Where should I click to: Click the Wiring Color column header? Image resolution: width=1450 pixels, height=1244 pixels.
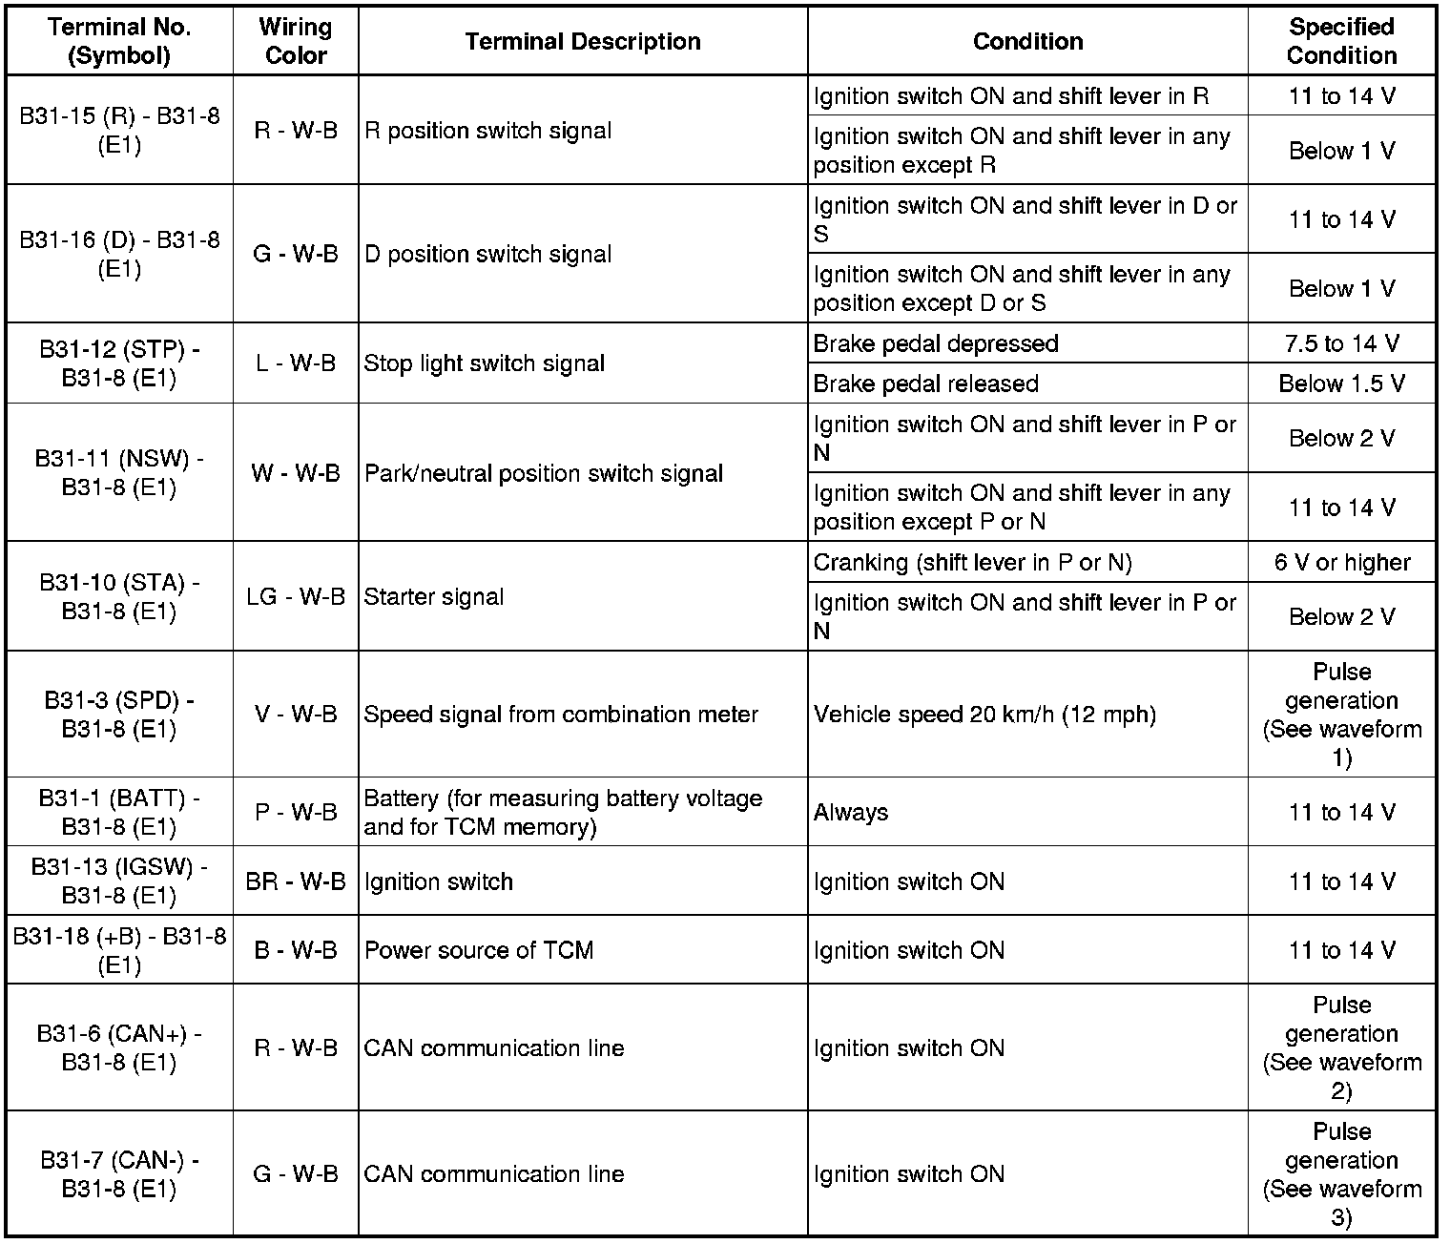[296, 41]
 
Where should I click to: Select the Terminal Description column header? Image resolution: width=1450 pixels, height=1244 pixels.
[583, 41]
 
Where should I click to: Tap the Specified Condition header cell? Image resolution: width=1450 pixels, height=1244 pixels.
[1341, 41]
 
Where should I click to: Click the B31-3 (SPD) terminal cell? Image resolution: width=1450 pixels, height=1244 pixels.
[119, 715]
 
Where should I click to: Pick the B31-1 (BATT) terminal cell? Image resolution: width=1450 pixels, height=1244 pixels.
[119, 812]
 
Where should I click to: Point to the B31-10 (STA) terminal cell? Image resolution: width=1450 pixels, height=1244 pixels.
[119, 596]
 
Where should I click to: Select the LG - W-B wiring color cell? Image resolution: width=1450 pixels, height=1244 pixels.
[296, 596]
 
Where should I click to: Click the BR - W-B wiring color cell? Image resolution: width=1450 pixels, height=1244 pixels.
[296, 881]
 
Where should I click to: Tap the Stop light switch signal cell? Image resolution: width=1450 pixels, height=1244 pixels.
[485, 363]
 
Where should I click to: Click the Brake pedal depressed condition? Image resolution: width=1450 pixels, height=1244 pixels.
[936, 343]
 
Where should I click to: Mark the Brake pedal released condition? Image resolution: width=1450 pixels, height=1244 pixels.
[925, 384]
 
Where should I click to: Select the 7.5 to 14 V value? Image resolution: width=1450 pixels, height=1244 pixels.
[1341, 343]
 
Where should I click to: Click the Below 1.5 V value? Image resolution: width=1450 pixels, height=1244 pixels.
[1341, 384]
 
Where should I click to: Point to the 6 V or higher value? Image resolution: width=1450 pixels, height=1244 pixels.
[1341, 562]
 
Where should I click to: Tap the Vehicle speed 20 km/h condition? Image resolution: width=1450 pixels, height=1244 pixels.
[984, 715]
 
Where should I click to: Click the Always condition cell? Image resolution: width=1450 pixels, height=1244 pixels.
[851, 812]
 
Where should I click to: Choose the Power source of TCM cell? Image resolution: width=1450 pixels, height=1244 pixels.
[479, 950]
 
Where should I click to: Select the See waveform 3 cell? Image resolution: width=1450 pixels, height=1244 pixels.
[1341, 1174]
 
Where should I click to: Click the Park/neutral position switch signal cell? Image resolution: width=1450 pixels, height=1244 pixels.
[544, 473]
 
